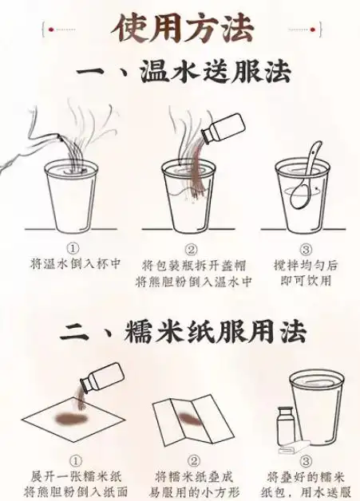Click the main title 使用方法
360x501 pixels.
[182, 28]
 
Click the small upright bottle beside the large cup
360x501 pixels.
[284, 426]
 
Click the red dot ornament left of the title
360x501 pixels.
[51, 30]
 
